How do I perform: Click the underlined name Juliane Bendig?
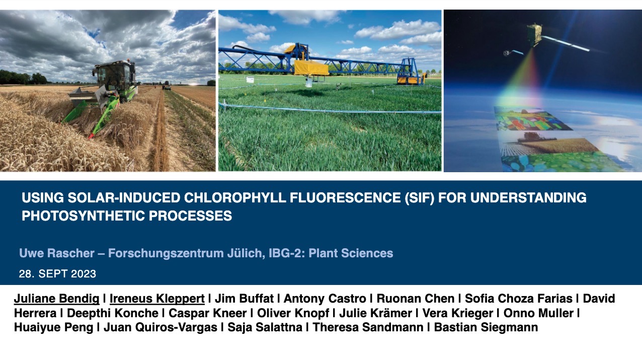(56, 299)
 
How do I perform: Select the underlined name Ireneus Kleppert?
(157, 299)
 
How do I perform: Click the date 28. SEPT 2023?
(57, 274)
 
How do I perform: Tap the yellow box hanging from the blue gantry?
(311, 67)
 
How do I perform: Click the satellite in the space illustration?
(534, 34)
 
